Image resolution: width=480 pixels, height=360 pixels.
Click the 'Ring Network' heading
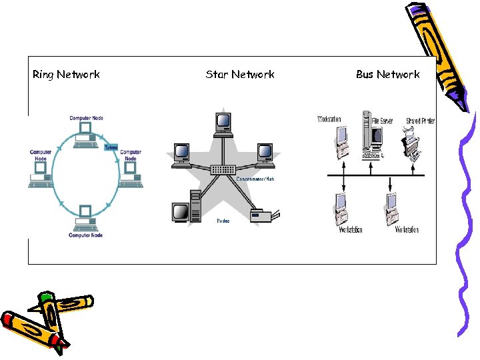coord(66,75)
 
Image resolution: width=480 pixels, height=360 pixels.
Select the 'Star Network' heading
coord(240,75)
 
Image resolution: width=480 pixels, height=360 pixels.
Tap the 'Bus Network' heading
coord(387,75)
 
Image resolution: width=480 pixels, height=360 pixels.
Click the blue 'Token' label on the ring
coord(111,147)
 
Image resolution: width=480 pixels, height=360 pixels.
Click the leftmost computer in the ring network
coord(39,175)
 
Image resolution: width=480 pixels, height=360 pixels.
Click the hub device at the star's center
coord(223,170)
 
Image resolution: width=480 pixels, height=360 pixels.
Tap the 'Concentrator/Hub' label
coord(255,179)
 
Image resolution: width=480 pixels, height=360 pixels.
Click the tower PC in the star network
coord(195,206)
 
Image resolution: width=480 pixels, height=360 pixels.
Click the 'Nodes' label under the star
coord(223,221)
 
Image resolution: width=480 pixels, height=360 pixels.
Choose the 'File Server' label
coord(382,121)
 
